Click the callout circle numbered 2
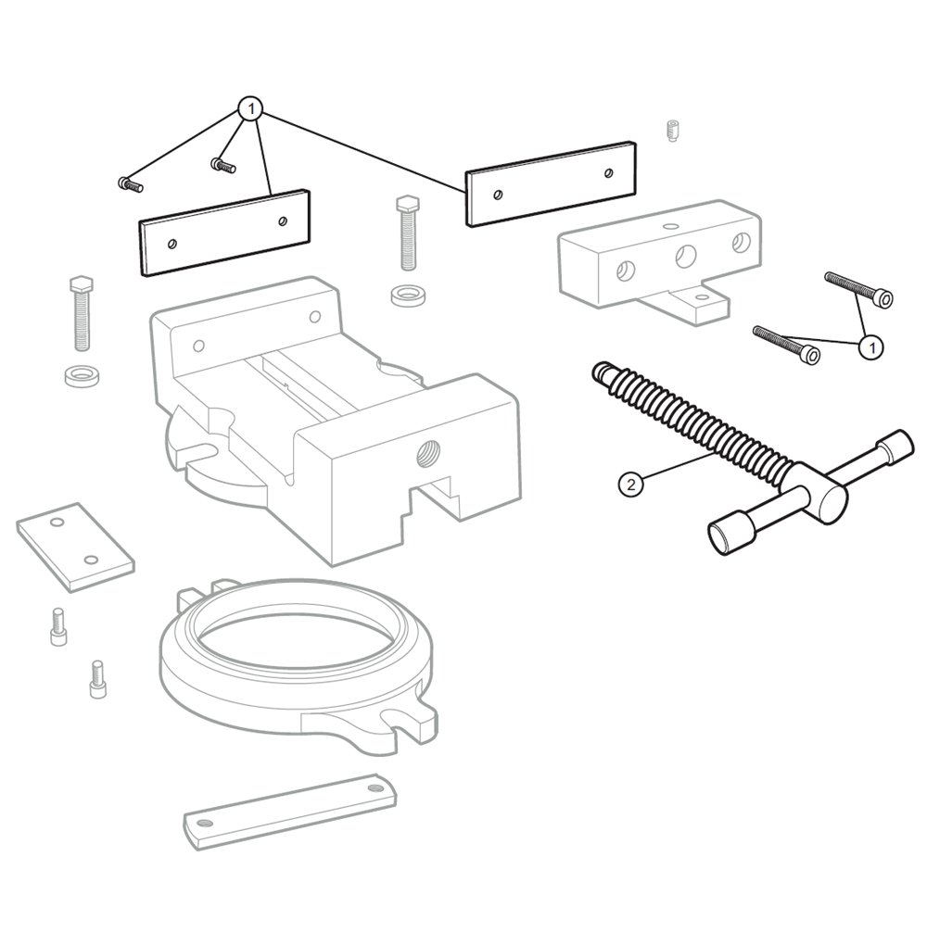coord(630,484)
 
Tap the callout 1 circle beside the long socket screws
coord(870,347)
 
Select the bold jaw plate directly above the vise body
coord(224,232)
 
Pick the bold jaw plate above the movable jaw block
coord(551,183)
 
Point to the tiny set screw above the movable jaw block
coord(674,131)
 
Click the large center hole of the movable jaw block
coord(686,257)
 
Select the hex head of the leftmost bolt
coord(81,283)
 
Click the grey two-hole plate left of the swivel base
coord(74,547)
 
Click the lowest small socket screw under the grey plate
coord(96,680)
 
